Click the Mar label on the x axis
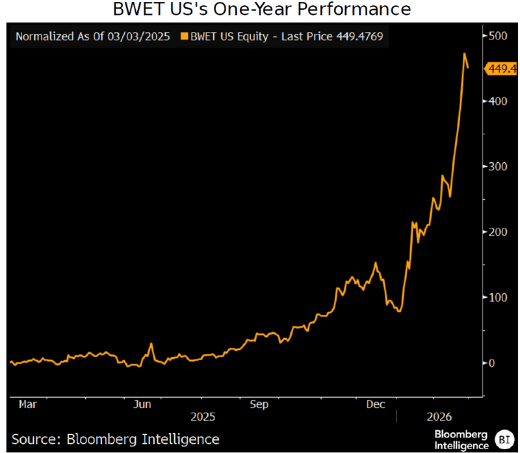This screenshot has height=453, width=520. point(27,404)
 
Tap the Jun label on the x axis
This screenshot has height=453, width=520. point(142,404)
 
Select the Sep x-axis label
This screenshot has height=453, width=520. point(259,404)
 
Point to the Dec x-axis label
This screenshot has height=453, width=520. point(374,404)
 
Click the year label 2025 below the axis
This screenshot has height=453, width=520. point(202,417)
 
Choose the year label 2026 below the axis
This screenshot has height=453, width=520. point(441,417)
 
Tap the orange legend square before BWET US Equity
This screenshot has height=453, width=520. point(183,37)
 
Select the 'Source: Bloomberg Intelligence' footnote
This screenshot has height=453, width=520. point(116,439)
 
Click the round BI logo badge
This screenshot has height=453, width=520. point(503,439)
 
